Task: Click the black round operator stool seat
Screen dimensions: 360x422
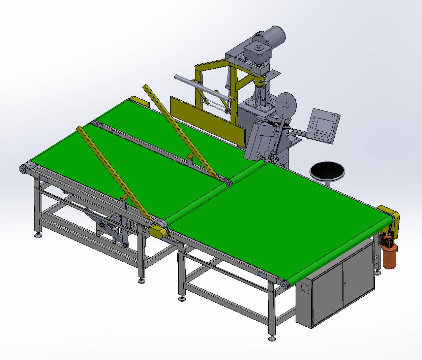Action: click(x=327, y=170)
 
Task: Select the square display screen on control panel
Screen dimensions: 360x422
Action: click(x=325, y=125)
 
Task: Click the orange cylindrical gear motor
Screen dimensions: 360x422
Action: click(x=389, y=257)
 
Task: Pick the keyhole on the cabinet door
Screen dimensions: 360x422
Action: click(x=345, y=283)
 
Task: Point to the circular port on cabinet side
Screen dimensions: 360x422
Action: click(x=304, y=288)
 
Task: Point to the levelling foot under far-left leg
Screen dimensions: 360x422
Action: click(x=38, y=235)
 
